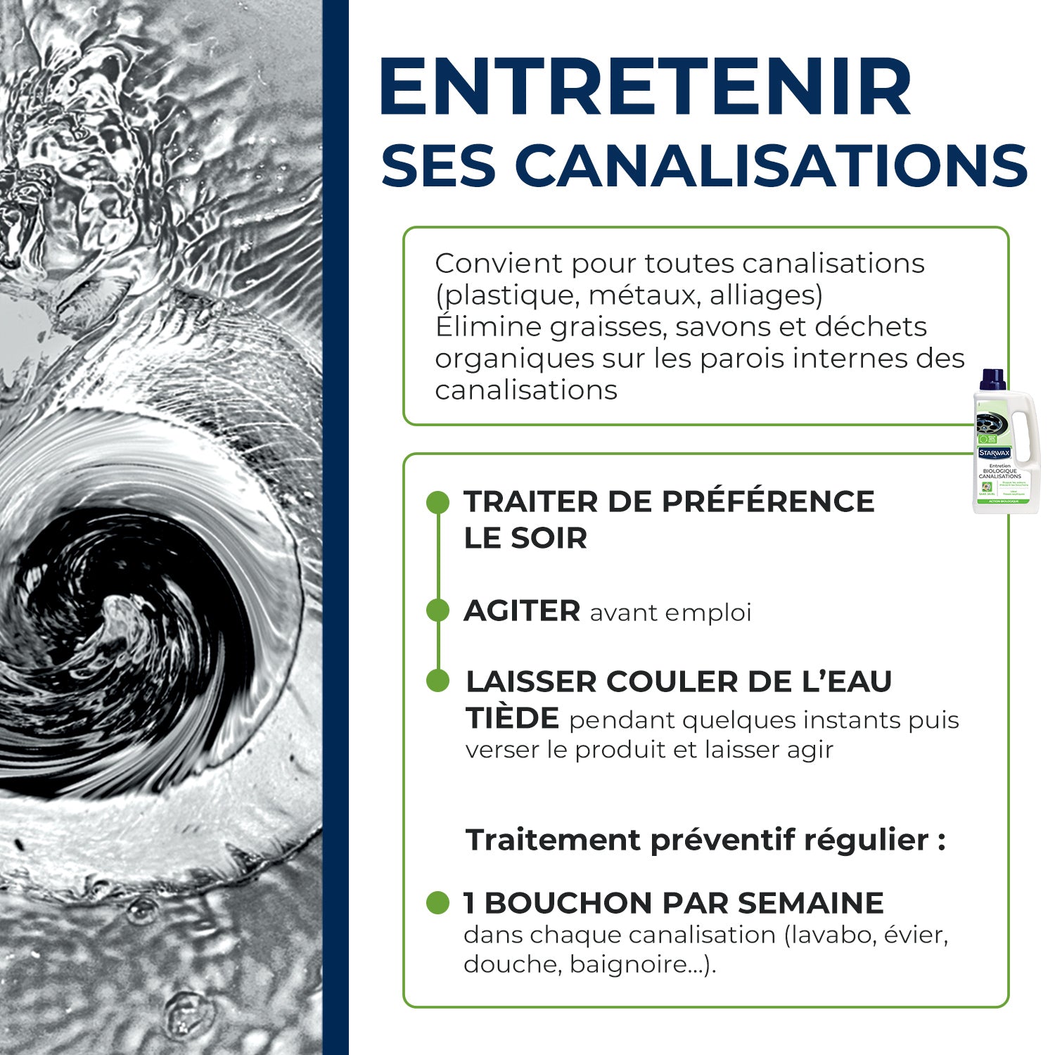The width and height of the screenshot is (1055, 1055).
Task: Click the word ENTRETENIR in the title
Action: (645, 87)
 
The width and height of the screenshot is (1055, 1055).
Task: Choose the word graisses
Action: (607, 327)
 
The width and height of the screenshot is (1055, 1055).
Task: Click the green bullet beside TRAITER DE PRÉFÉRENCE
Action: (437, 502)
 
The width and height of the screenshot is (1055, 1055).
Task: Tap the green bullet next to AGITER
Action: (437, 610)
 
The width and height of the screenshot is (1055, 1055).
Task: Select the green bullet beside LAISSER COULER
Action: (437, 681)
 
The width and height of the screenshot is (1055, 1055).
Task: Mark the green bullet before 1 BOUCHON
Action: (437, 903)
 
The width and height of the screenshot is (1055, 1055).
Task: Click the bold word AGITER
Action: (522, 610)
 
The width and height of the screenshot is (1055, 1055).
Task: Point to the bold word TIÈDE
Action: (512, 719)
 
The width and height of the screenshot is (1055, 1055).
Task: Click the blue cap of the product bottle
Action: (993, 379)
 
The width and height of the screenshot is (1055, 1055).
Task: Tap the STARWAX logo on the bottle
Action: (994, 453)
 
